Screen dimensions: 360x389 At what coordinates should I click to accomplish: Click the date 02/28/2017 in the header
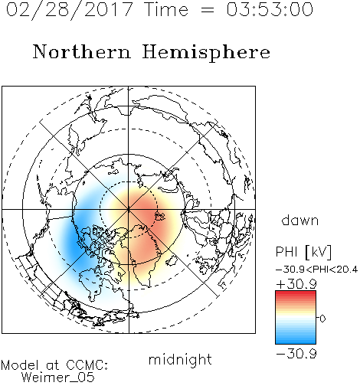click(x=69, y=10)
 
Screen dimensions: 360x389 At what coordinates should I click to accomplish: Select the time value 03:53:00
click(x=270, y=9)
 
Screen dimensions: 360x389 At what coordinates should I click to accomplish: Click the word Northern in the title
click(x=82, y=52)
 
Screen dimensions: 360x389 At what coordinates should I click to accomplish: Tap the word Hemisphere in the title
click(x=206, y=53)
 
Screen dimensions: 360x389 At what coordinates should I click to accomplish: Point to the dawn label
click(x=300, y=220)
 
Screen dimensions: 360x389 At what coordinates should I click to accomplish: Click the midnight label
click(x=180, y=360)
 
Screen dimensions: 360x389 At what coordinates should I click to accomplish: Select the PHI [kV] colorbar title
click(x=303, y=252)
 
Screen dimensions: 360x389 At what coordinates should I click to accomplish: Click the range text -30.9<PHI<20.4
click(x=316, y=270)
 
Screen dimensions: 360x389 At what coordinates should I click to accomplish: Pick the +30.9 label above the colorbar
click(x=296, y=284)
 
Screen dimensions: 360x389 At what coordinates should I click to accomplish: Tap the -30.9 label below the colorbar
click(x=296, y=354)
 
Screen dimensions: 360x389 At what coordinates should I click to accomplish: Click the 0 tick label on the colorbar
click(x=322, y=319)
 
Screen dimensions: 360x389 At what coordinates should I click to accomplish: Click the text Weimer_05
click(x=58, y=378)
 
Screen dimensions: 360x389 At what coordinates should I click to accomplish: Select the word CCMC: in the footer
click(x=87, y=365)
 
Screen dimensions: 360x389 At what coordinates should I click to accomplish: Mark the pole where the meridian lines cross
click(x=129, y=209)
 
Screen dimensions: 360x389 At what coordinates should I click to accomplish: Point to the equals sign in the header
click(x=208, y=10)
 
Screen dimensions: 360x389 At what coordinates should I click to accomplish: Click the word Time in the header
click(x=166, y=9)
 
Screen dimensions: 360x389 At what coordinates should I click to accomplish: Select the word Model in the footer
click(x=20, y=365)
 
